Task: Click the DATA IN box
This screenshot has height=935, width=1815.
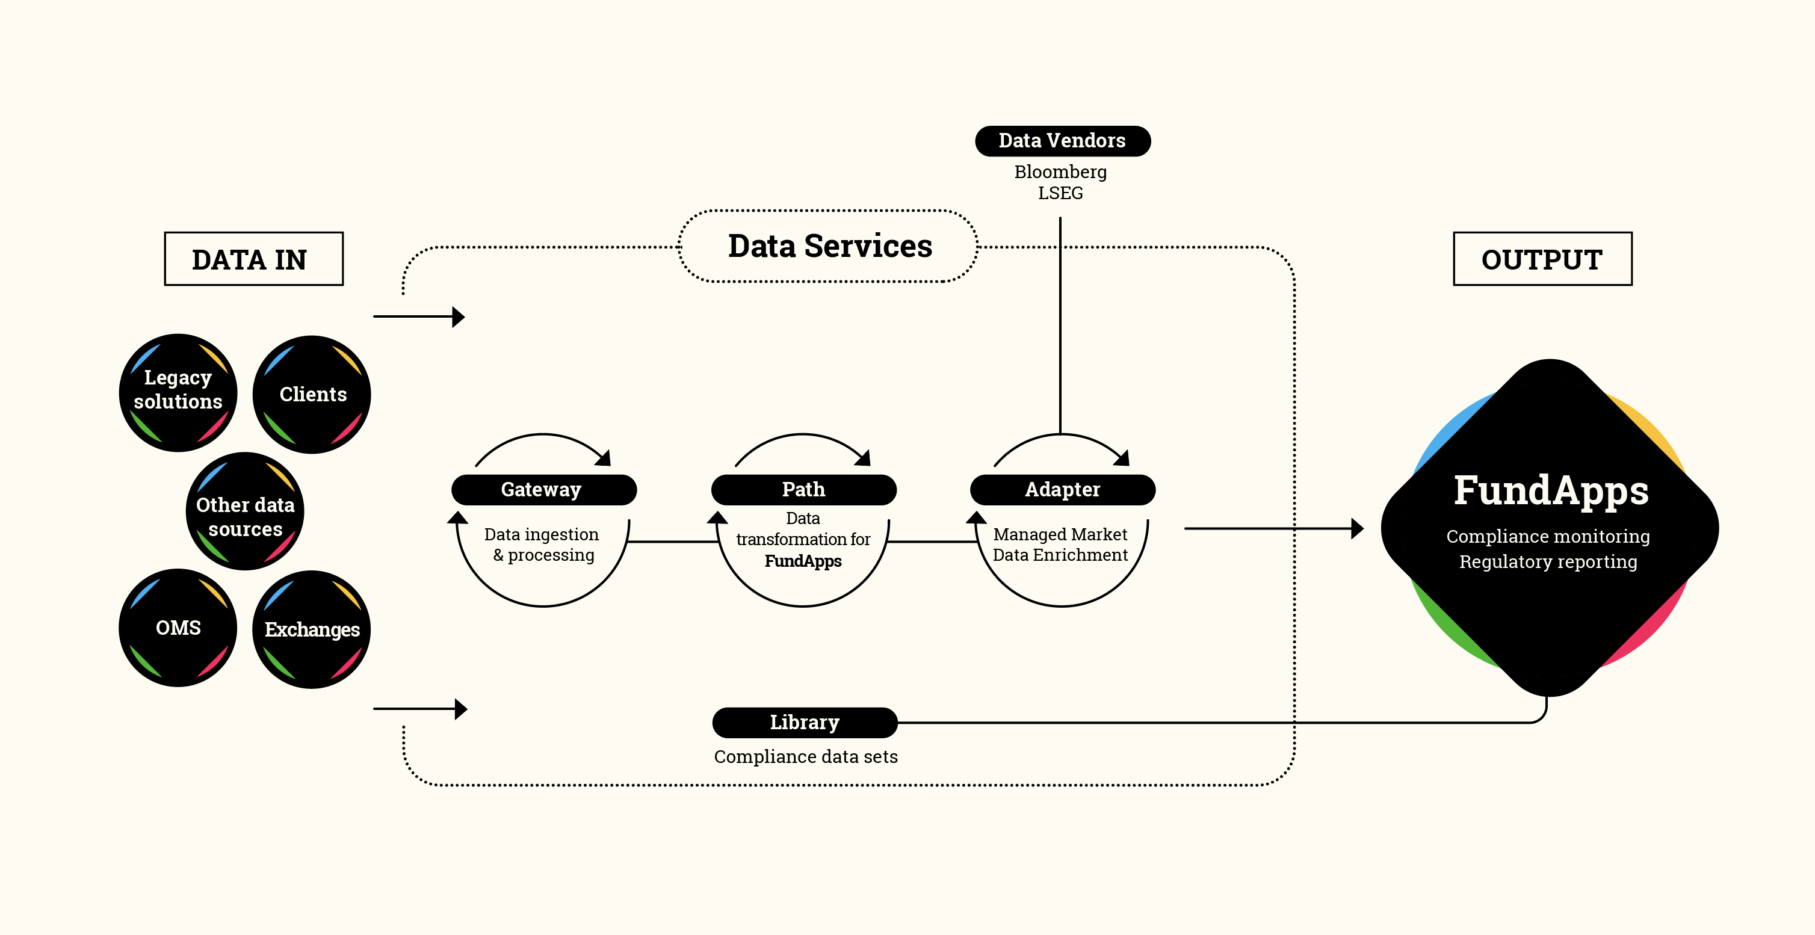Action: tap(253, 259)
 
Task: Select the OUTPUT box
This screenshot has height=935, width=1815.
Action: tap(1542, 259)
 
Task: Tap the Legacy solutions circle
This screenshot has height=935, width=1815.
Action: tap(178, 392)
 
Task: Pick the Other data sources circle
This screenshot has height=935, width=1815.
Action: tap(244, 511)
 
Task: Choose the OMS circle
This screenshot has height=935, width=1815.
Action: tap(178, 627)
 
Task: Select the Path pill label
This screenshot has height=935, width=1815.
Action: tap(803, 489)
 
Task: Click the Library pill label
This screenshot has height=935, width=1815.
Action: tap(805, 722)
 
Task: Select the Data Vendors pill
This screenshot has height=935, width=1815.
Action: tap(1062, 141)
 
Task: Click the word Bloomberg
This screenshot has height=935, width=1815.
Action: tap(1060, 172)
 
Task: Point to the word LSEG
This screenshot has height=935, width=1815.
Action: tap(1060, 193)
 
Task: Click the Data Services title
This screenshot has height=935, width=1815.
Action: tap(829, 246)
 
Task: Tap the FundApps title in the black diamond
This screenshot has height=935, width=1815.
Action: tap(1551, 491)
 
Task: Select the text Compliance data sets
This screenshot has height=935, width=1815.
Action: tap(805, 757)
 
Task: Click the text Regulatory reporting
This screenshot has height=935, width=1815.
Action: tap(1548, 561)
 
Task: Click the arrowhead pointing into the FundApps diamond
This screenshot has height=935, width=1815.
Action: tap(1356, 528)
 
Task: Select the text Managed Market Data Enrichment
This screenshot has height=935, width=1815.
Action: tap(1060, 545)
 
